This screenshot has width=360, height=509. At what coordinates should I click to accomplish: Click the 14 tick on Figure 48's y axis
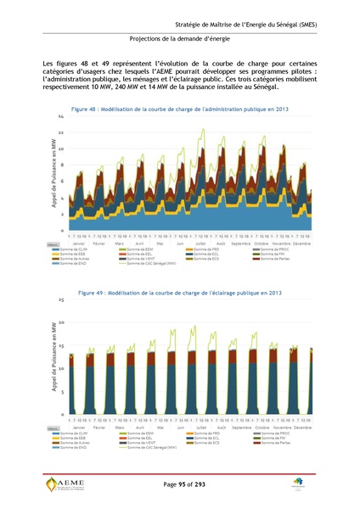60,117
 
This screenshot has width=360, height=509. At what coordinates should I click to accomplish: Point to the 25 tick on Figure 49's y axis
60,299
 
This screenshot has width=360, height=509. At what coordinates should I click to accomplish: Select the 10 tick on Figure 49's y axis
60,369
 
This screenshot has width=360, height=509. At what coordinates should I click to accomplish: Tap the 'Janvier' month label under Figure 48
77,243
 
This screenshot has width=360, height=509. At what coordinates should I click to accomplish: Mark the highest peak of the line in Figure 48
201,130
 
